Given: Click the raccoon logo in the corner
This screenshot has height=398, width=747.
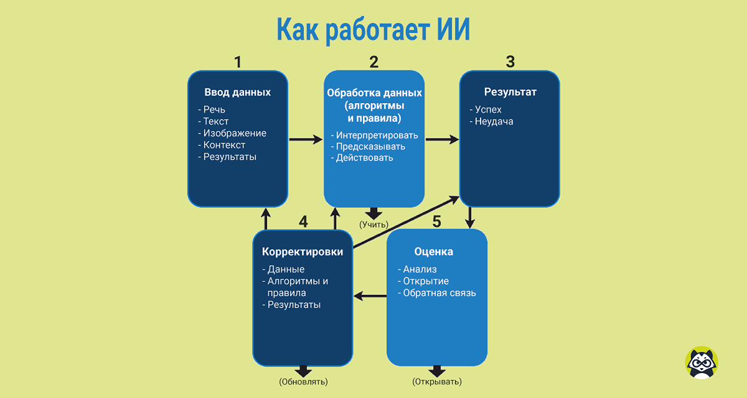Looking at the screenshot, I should pos(702,363).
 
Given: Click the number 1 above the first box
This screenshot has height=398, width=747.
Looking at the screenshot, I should pos(237,62).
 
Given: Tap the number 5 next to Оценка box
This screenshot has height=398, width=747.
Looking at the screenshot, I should pos(437,221).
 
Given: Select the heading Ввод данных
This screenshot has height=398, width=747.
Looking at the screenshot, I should pos(238,92).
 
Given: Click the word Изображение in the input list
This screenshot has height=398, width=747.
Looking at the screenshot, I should pos(235,133).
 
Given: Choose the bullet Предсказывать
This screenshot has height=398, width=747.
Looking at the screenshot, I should pos(370,147).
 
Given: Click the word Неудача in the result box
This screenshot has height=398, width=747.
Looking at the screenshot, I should pos(494,121).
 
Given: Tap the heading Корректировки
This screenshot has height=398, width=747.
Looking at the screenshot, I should pos(303,252).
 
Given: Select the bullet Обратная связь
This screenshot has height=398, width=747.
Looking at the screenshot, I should pos(439,293).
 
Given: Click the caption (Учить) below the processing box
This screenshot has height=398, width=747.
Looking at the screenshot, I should pos(374,224).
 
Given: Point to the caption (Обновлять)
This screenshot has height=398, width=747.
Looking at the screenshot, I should pos(303,381).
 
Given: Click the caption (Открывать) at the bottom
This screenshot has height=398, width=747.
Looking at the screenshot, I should pos(437,381).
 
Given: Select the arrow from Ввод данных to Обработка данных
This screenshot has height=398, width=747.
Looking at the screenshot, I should pos(306,140).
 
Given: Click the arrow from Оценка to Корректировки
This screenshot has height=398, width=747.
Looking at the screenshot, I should pos(370,296).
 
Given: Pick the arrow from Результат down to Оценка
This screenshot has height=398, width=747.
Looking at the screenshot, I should pos(470,218).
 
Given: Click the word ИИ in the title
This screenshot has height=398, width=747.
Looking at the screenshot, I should pos(452,30).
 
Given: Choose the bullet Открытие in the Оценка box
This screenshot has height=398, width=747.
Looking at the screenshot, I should pos(426,281).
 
